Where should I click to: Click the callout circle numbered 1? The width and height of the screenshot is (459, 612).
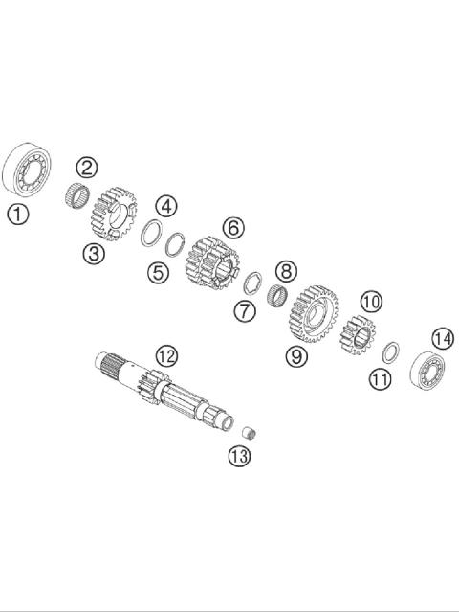17,214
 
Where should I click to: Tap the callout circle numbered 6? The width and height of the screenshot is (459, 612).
233,228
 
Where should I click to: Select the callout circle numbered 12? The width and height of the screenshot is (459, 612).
166,356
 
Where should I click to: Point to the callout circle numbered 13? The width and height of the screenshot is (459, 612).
239,456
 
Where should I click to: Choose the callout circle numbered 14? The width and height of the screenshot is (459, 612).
442,339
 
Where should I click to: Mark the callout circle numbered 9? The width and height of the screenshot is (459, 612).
295,356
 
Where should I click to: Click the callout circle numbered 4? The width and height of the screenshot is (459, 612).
166,206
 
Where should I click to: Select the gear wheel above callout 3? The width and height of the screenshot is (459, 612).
114,213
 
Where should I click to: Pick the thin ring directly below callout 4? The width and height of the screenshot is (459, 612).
151,233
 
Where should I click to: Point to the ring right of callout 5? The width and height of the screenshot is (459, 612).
175,244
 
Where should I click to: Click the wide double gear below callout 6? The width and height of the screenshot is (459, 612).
211,260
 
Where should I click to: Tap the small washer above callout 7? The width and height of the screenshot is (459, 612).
252,284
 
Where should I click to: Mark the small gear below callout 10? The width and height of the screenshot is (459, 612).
357,334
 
